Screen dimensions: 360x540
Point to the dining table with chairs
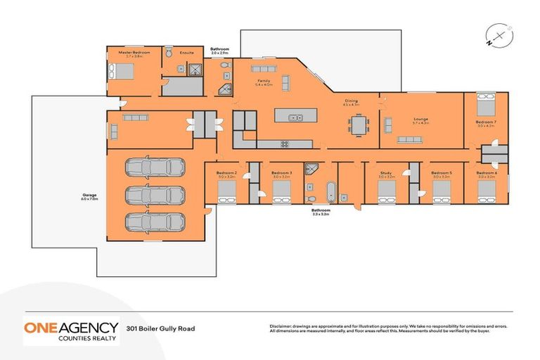(x=358, y=126)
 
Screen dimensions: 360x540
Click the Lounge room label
(x=420, y=119)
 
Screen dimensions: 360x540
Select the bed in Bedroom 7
(x=486, y=106)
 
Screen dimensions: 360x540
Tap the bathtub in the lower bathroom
(x=331, y=191)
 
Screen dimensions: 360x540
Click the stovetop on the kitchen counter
(x=285, y=144)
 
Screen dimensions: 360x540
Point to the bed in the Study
(x=387, y=193)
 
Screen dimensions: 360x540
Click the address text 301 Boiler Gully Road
(x=160, y=328)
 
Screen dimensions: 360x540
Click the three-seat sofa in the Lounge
(x=410, y=139)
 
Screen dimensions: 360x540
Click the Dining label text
(x=351, y=101)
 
